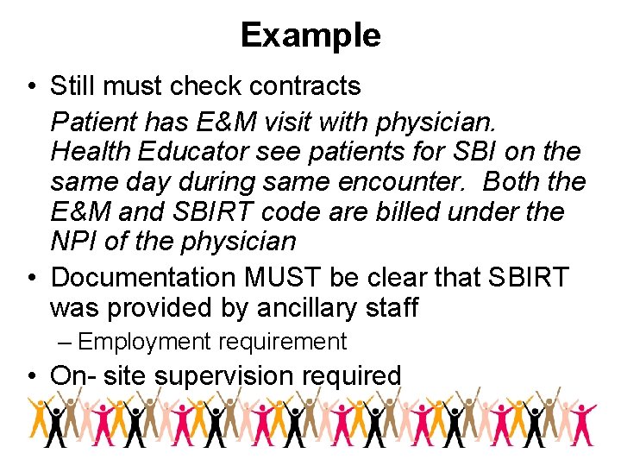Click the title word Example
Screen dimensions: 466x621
pyautogui.click(x=310, y=35)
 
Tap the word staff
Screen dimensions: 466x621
pyautogui.click(x=393, y=307)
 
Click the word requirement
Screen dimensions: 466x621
pyautogui.click(x=282, y=343)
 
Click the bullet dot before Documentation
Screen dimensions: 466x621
pyautogui.click(x=30, y=278)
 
